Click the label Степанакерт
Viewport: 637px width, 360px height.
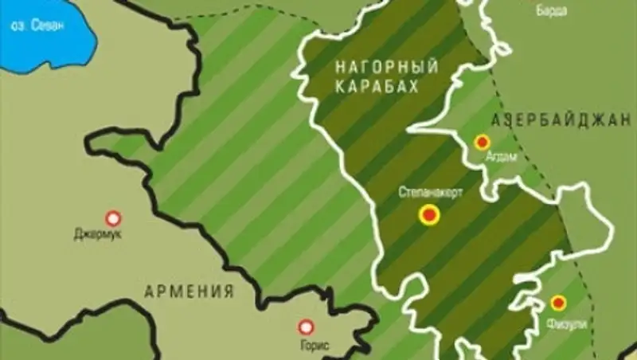point(429,194)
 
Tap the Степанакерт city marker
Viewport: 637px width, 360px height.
point(430,214)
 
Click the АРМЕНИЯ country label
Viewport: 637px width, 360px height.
point(189,291)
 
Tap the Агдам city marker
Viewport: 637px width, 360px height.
point(482,143)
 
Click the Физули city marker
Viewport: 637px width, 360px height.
point(558,302)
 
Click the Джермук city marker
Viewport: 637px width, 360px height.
point(113,217)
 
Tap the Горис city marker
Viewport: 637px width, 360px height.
point(304,327)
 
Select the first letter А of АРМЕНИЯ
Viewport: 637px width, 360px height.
point(149,291)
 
